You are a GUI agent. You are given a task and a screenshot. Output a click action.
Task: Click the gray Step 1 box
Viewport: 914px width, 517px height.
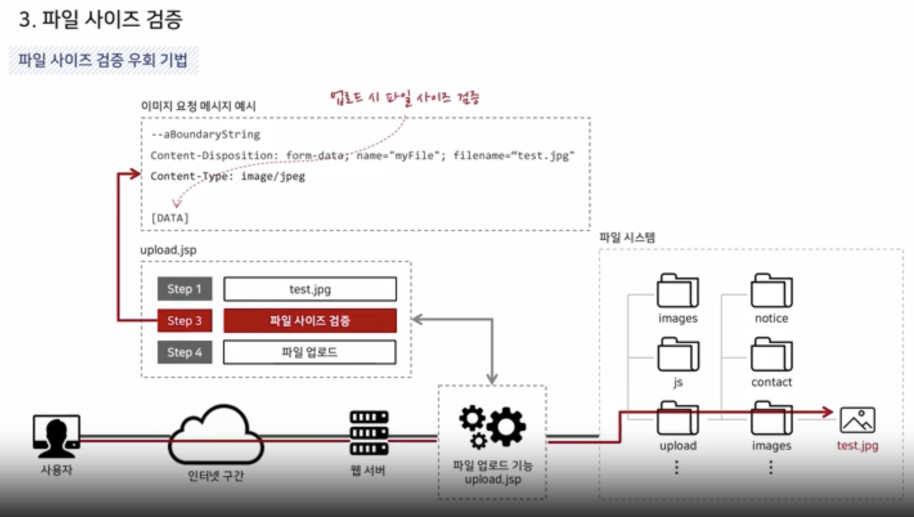[x=185, y=289]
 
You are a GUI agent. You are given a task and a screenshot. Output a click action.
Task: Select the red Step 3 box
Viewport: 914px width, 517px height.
[x=185, y=321]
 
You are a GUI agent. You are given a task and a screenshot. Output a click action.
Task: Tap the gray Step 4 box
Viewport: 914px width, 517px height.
[x=185, y=352]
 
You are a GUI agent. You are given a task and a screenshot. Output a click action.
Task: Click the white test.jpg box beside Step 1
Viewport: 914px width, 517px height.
[x=310, y=289]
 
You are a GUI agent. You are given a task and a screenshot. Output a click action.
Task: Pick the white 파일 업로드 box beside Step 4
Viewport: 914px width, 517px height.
[x=310, y=352]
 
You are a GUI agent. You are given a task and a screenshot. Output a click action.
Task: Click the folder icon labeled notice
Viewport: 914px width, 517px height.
[x=771, y=291]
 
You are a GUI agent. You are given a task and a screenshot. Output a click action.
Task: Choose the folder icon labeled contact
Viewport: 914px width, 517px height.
[x=771, y=355]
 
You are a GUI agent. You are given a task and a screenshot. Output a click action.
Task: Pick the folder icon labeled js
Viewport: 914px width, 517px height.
[x=678, y=355]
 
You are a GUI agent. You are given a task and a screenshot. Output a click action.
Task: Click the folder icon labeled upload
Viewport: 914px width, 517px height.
[x=678, y=418]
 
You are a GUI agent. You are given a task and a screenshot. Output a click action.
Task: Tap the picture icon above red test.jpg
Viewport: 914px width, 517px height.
[x=857, y=420]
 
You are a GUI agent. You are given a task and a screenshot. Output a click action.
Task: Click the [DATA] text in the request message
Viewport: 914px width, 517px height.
[x=170, y=218]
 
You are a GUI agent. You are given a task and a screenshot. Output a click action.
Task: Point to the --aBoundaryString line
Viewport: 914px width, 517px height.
[x=205, y=135]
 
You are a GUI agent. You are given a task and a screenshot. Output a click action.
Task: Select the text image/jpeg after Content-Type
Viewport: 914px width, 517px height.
[x=273, y=176]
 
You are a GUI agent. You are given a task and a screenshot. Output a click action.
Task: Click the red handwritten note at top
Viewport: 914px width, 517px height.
[x=405, y=99]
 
